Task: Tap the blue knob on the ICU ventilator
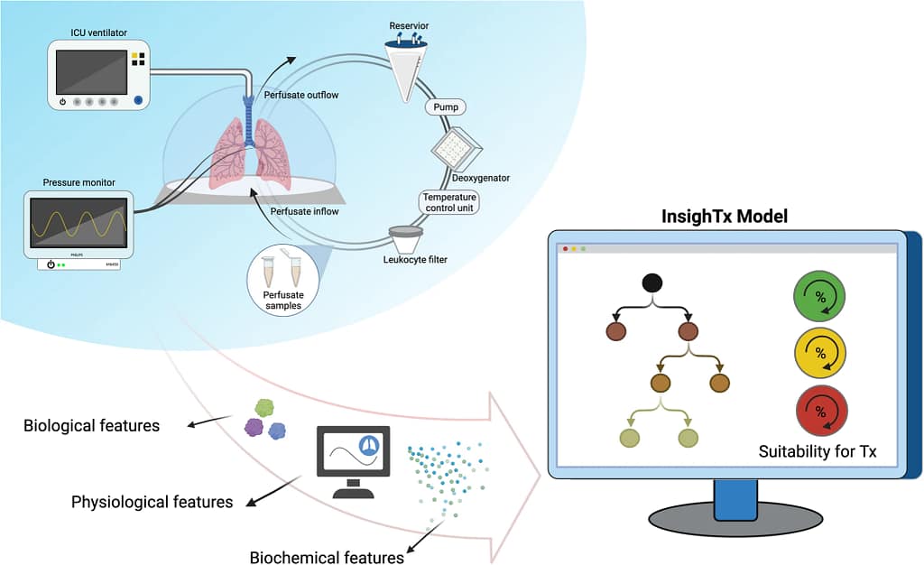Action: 138,100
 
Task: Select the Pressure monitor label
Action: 79,182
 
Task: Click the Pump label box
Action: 446,107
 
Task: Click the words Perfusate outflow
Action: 300,94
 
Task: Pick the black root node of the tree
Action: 652,282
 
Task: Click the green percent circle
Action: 819,297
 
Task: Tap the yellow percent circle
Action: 819,353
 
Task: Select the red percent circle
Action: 819,409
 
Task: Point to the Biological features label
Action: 91,424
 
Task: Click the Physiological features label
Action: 152,501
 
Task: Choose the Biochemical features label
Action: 327,557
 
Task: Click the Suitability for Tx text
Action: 818,451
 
